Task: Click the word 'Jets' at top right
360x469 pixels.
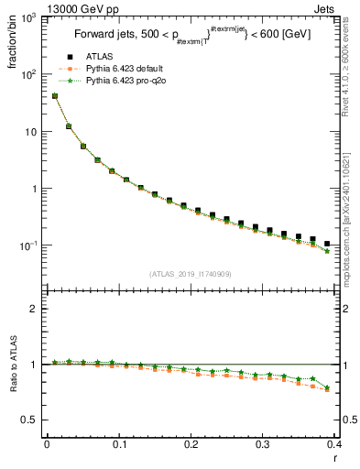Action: (324, 8)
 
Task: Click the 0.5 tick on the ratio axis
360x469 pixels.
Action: (31, 420)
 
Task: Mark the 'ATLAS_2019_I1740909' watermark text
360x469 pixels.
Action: (191, 274)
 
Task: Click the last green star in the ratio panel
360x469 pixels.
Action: (327, 387)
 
